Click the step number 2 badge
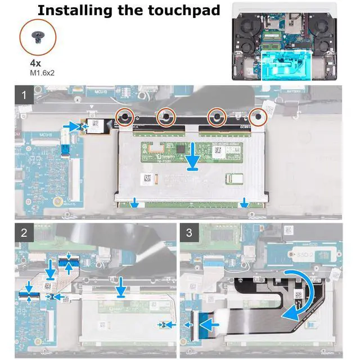(x=24, y=232)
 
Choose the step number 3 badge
(x=189, y=232)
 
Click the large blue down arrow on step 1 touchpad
(x=193, y=157)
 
